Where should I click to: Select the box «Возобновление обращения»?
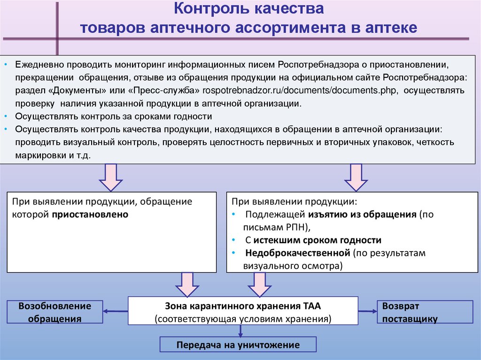(54, 312)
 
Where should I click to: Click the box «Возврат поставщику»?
(424, 312)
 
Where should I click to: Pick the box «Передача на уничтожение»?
(238, 345)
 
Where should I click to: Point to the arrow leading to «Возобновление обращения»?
(116, 311)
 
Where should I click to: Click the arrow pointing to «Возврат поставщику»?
(368, 311)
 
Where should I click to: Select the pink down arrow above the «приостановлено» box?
(111, 178)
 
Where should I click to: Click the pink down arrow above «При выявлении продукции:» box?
(356, 178)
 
